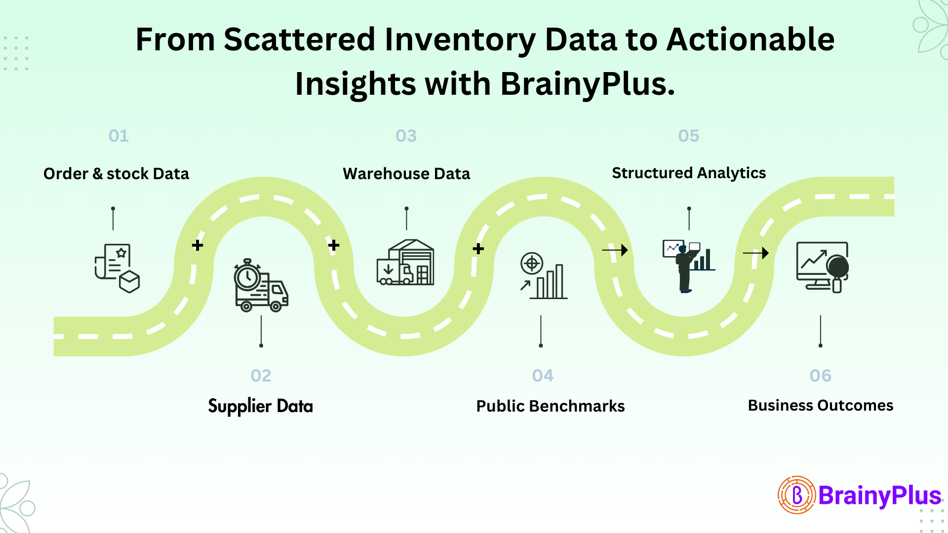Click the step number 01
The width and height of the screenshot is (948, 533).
(x=118, y=136)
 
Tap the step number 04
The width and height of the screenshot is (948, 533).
(x=543, y=376)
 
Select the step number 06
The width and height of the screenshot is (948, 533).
(x=820, y=376)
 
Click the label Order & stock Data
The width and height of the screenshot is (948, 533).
(x=116, y=174)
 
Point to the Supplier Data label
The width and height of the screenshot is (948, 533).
(x=260, y=406)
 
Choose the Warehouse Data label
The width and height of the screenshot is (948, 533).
(x=406, y=174)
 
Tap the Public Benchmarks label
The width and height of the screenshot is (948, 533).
(x=550, y=406)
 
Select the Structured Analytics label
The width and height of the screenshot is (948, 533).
(x=689, y=173)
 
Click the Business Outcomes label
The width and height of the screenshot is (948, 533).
(x=820, y=405)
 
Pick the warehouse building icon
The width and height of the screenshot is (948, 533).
(x=406, y=263)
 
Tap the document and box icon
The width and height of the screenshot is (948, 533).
(x=117, y=268)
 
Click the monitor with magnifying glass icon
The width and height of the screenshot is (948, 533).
(x=822, y=266)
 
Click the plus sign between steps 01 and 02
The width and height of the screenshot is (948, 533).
(x=197, y=245)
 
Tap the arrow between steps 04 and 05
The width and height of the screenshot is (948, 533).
(x=615, y=250)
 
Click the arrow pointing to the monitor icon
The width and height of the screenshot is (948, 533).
(x=756, y=253)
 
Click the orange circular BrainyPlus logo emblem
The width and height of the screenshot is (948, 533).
(x=796, y=495)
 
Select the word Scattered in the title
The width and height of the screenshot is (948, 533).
(x=300, y=39)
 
